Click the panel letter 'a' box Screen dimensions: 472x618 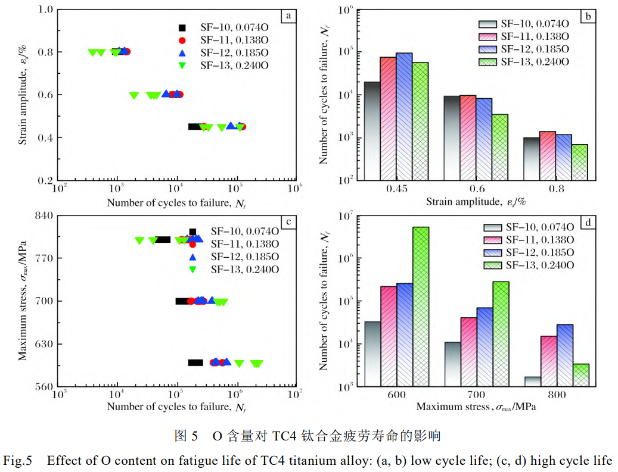[288, 17]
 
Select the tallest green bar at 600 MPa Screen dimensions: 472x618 [421, 307]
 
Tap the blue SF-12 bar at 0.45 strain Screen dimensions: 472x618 [404, 116]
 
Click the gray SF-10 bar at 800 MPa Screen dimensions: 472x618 [533, 381]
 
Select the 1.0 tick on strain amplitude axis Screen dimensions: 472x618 [46, 10]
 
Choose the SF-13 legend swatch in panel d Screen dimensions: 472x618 [492, 265]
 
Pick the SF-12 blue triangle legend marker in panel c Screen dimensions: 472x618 [192, 257]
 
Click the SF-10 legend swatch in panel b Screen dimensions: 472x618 [487, 24]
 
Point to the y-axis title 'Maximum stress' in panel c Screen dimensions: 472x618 [22, 301]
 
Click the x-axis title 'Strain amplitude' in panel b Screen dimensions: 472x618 [476, 202]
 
